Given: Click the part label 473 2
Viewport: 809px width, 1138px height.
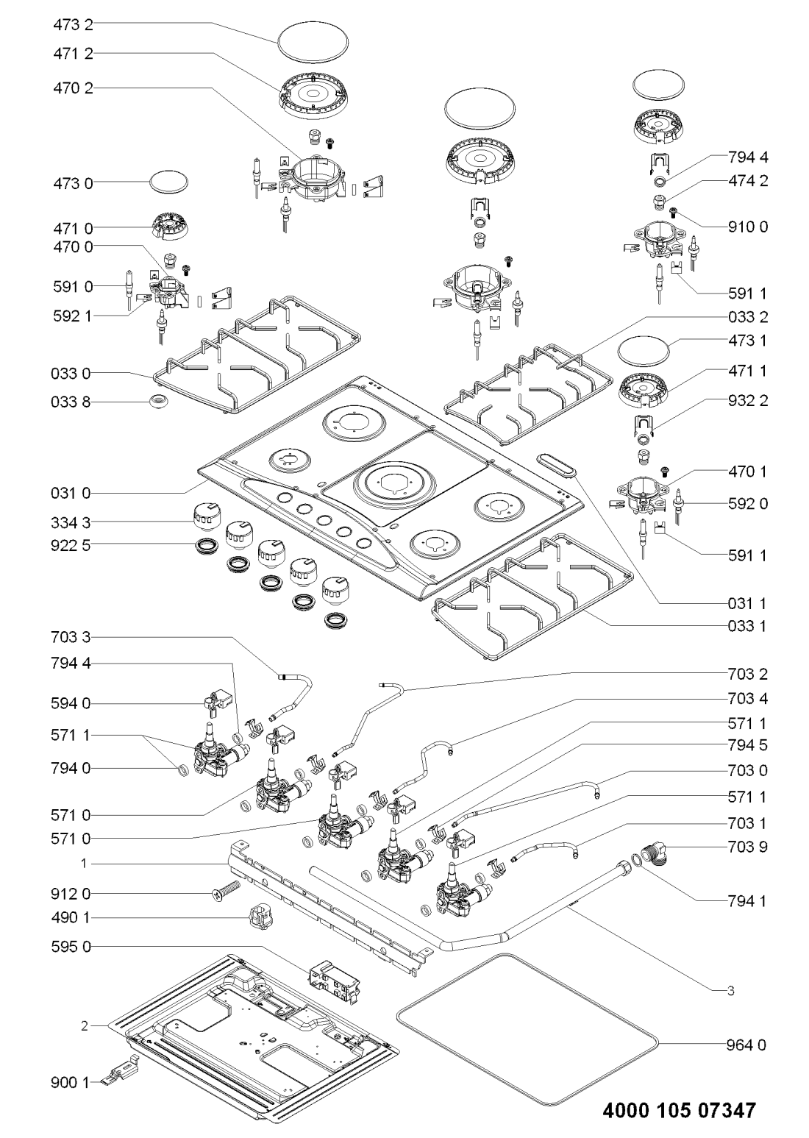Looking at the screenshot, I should point(73,24).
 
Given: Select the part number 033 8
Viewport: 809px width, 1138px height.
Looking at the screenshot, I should point(73,402).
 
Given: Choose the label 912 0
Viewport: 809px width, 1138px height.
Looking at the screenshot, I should point(73,894).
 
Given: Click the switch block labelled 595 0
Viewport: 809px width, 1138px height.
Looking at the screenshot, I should point(332,980).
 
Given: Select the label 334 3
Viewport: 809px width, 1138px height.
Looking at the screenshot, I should point(73,522).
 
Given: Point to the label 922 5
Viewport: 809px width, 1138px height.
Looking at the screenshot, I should point(73,544).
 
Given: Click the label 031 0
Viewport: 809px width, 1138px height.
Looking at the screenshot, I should point(73,491).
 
